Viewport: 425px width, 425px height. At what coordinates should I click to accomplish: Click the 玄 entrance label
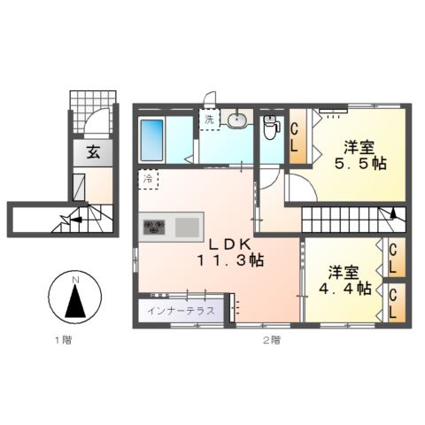coord(93,151)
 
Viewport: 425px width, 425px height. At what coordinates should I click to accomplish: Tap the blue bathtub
coord(152,137)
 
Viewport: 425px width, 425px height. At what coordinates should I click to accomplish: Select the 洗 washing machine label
coord(210,120)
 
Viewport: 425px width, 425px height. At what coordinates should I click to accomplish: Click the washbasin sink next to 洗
coord(238,120)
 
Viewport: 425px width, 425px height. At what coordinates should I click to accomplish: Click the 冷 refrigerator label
coord(147,180)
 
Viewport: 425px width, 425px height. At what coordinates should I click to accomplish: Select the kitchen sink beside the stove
coord(189,228)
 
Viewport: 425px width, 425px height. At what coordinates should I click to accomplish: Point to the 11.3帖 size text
coord(228,260)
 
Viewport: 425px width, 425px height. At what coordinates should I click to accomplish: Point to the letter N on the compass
coord(75,282)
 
